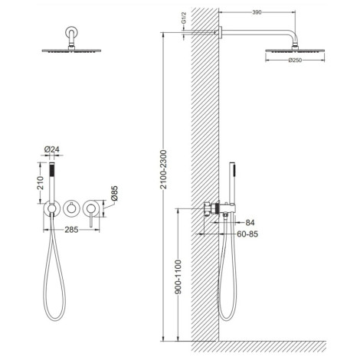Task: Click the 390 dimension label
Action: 257,12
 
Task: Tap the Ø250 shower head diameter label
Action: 295,61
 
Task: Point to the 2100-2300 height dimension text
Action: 163,169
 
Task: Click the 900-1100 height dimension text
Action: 178,277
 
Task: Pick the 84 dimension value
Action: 250,223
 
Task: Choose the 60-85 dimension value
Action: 247,234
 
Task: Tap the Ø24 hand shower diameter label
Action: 52,149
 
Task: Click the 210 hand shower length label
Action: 41,183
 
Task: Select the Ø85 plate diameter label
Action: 114,193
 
